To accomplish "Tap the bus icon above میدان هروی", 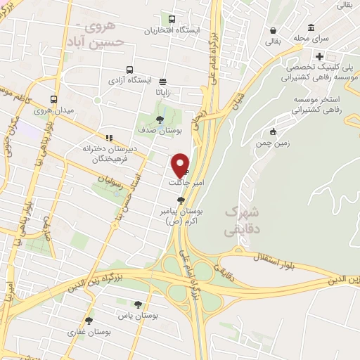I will click(53, 99).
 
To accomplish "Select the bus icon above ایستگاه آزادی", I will click(129, 70).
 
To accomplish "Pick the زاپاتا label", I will click(163, 91).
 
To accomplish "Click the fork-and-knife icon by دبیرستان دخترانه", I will click(108, 138).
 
